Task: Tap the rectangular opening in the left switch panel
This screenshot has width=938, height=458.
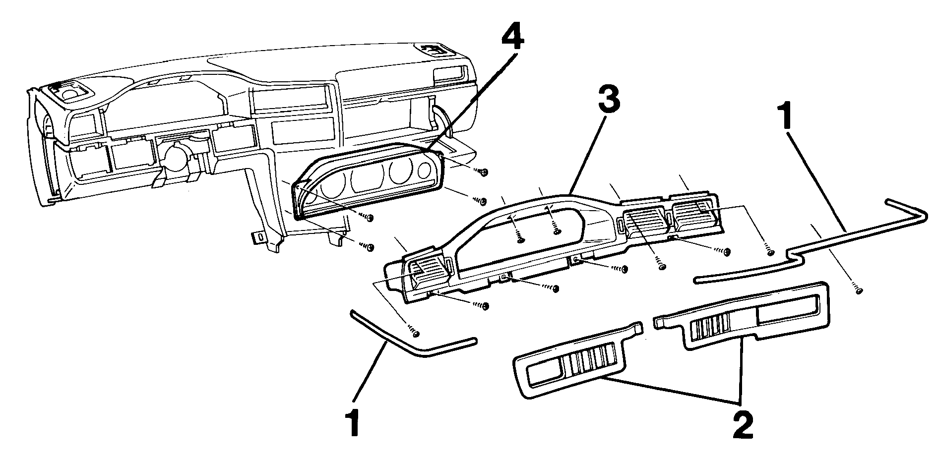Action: point(545,372)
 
